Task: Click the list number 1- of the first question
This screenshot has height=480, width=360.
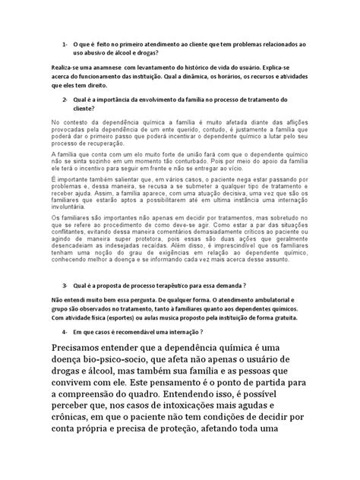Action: tap(66, 45)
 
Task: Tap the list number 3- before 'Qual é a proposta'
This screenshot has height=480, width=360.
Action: tap(66, 264)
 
